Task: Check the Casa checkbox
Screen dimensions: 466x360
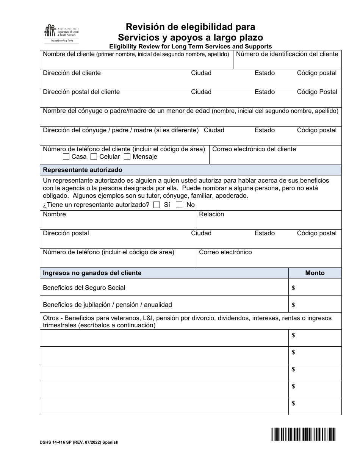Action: tap(66, 157)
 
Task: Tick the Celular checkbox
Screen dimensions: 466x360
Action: tap(94, 157)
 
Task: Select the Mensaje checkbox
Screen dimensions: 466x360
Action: tap(127, 157)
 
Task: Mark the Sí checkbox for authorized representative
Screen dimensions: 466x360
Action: tap(157, 205)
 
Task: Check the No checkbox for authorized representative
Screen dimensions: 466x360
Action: tap(179, 205)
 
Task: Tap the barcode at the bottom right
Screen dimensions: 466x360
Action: tap(303, 434)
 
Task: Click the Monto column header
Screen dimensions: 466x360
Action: tap(315, 273)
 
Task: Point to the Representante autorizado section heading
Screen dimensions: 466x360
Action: tap(83, 170)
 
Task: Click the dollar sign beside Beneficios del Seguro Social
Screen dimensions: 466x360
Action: tap(293, 288)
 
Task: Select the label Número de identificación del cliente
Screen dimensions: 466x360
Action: tap(287, 54)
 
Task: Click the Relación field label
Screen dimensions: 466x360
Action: tap(211, 214)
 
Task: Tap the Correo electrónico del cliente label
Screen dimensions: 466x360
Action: tap(254, 149)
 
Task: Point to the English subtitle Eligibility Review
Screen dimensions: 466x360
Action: tap(190, 47)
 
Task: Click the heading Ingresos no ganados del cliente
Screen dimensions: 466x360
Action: tap(92, 273)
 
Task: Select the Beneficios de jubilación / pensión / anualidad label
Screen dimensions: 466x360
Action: tap(107, 305)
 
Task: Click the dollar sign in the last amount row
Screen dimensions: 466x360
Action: tap(293, 403)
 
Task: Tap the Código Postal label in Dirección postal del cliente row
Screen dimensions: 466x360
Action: tap(317, 92)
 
